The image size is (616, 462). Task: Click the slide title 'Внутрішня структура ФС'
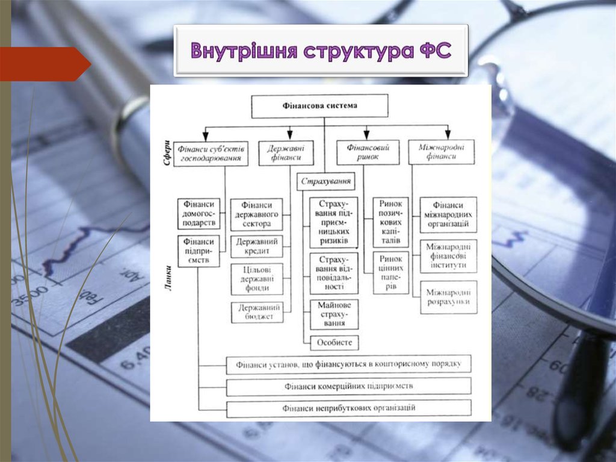[321, 51]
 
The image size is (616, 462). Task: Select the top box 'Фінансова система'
[319, 106]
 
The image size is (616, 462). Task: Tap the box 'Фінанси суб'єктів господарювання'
[211, 153]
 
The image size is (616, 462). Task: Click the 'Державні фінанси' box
[286, 153]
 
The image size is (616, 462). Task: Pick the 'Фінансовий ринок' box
[368, 153]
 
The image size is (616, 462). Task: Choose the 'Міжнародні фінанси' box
[441, 152]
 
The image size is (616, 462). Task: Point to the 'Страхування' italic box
[325, 181]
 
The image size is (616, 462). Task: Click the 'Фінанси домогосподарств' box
[199, 214]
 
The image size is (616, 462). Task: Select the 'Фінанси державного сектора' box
[257, 215]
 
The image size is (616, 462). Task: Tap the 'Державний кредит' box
[257, 246]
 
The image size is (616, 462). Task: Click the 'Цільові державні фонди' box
[257, 279]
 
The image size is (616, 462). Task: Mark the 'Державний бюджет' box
[257, 312]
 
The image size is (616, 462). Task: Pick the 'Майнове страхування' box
[334, 314]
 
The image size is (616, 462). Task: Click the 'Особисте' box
[334, 343]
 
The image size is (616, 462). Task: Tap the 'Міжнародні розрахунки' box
[448, 297]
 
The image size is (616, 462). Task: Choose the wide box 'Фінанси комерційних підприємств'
[349, 386]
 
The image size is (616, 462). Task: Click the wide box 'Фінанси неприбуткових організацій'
[349, 408]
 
